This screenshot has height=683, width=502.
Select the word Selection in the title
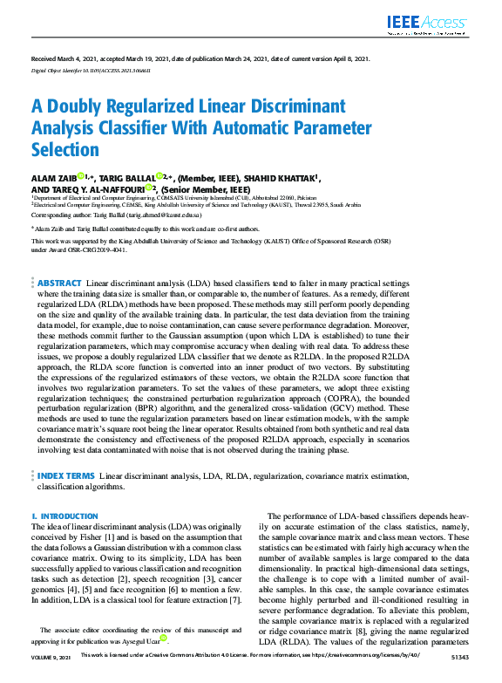tap(65, 150)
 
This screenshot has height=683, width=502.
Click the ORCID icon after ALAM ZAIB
tap(80, 177)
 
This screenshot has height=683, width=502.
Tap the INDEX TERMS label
tap(65, 476)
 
